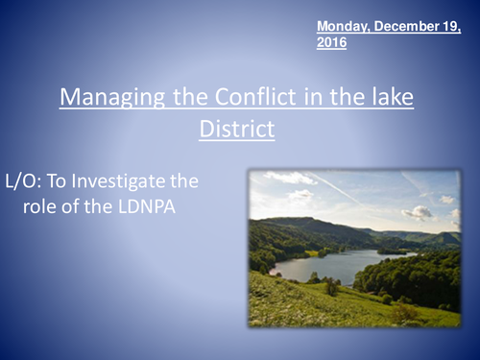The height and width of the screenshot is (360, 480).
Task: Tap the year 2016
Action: click(331, 43)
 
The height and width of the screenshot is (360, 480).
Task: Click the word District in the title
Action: click(236, 128)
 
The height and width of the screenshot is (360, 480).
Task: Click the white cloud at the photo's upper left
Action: click(288, 179)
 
